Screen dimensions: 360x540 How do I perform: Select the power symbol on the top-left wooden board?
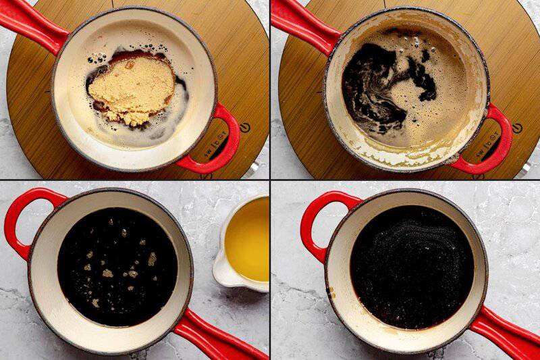[244, 127]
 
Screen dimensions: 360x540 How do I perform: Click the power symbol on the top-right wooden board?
[517, 128]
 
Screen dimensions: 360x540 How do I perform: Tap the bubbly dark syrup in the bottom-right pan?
[412, 267]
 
